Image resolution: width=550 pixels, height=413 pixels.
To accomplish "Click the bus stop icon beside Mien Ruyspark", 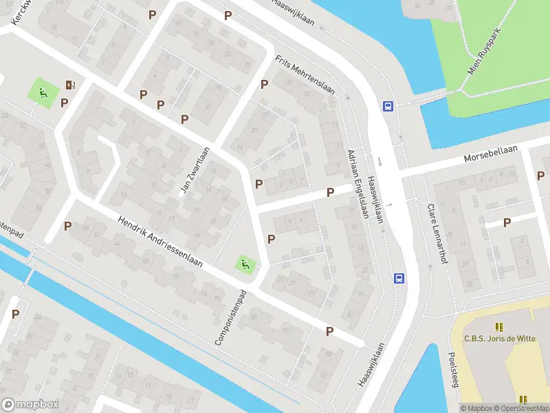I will coord(388,106).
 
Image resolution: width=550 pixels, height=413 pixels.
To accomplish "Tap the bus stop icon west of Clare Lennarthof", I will coord(399,278).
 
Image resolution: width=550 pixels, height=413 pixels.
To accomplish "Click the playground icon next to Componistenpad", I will coord(244,263).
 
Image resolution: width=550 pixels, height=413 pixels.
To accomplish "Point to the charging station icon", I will coord(70,85).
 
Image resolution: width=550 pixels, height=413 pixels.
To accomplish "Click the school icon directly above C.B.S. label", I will coord(498,326).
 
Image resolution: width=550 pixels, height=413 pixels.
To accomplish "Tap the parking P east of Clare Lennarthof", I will coord(507,222).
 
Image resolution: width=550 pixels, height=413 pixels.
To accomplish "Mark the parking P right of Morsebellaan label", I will coord(540,176).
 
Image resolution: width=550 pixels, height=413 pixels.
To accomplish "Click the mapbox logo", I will coord(30,404).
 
